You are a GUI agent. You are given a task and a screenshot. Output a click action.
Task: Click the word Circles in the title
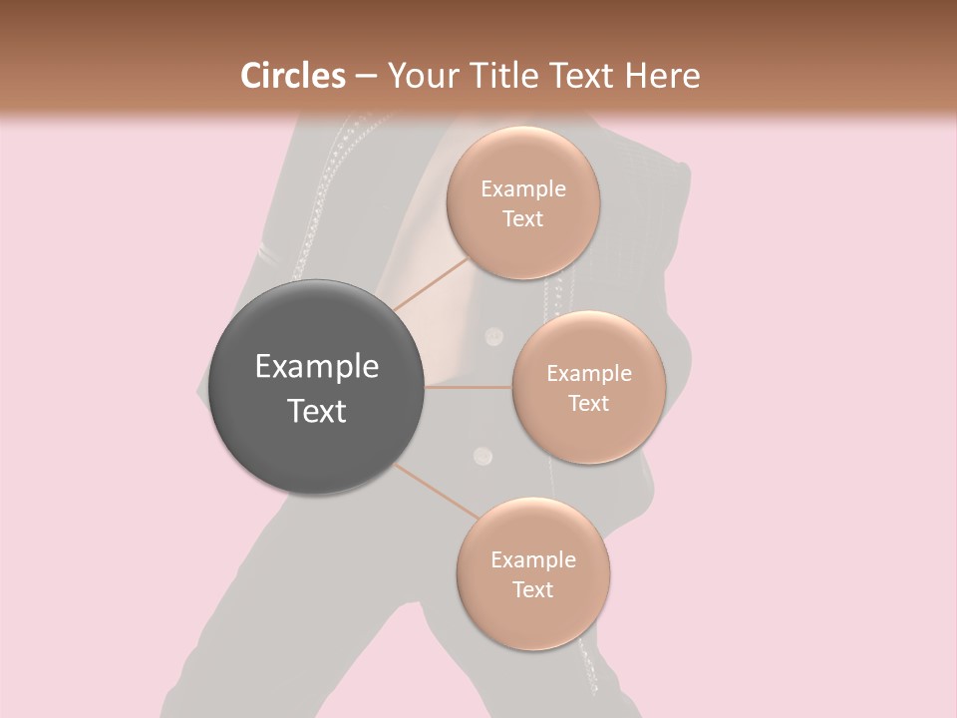coord(293,76)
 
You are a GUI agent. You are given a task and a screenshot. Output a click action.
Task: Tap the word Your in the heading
coord(420,76)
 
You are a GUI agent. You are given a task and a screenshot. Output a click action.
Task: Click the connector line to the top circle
coord(431,282)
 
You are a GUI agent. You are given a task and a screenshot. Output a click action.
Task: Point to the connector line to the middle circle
coord(469,387)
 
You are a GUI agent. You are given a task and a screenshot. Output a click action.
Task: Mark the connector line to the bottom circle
coord(435,490)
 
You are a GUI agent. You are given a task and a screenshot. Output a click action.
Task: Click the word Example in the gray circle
coord(317,367)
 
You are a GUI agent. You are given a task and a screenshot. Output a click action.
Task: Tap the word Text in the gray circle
coord(317,411)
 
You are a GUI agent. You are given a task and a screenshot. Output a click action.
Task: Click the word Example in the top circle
coord(523,189)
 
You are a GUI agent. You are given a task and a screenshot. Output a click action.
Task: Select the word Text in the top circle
coord(523,218)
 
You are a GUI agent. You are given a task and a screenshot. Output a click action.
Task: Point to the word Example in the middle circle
coord(589,374)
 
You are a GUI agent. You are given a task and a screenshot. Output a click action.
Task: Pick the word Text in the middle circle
coord(589,403)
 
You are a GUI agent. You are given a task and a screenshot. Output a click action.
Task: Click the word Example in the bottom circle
coord(533,560)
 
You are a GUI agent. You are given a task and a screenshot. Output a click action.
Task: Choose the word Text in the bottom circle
coord(533,589)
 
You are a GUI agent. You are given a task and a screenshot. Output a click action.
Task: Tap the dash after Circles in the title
coord(366,76)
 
